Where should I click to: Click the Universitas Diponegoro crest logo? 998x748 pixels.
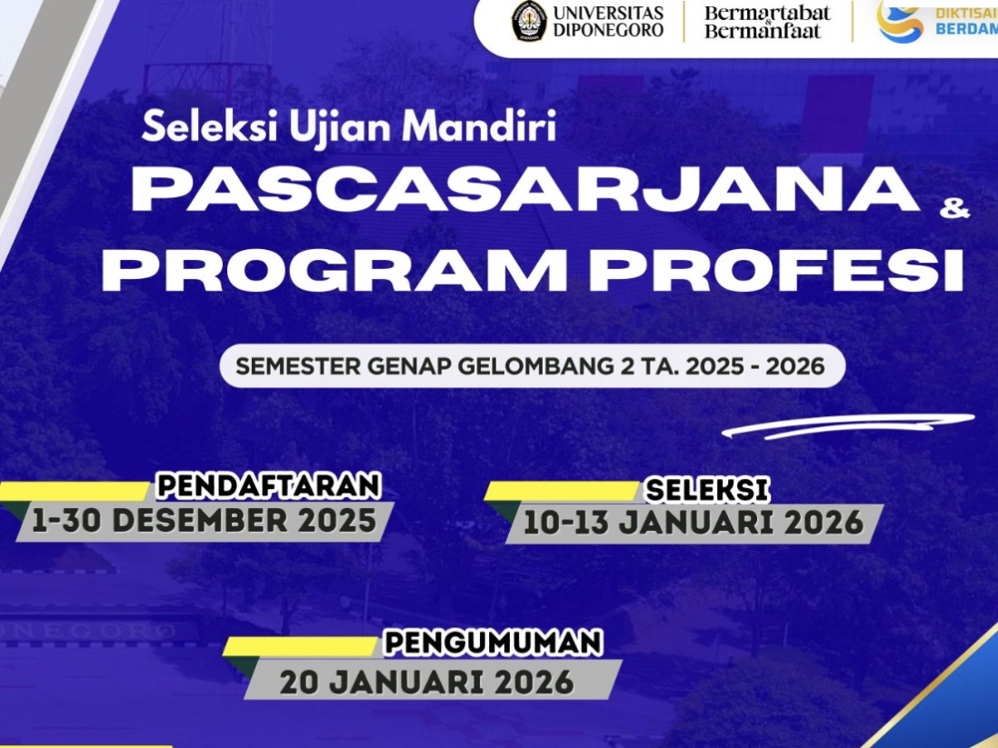coord(529,22)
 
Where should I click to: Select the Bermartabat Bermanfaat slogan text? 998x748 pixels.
coord(767,22)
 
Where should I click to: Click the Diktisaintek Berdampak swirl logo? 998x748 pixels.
coord(899,21)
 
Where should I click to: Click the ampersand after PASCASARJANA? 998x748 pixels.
coord(955,210)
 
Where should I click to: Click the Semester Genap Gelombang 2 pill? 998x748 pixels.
coord(532,367)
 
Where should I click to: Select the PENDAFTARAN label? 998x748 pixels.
coord(268,485)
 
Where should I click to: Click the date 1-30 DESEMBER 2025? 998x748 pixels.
coord(204,521)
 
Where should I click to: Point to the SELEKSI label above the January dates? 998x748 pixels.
coord(706,490)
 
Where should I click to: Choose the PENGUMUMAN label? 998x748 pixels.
coord(493,643)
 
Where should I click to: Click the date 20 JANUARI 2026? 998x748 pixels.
coord(427,681)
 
